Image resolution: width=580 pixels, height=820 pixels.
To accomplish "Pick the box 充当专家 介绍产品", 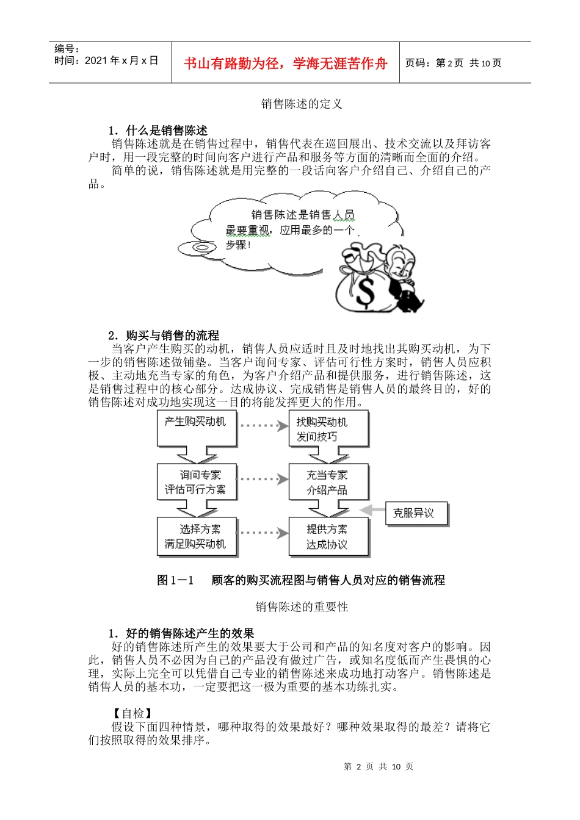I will (328, 482).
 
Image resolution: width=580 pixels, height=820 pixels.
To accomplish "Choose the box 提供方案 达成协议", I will (328, 536).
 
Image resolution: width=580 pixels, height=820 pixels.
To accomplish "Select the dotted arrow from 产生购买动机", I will (263, 425).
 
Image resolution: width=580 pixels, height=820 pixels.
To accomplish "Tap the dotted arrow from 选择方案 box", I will (263, 533).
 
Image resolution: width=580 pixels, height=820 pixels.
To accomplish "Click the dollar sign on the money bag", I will (365, 292).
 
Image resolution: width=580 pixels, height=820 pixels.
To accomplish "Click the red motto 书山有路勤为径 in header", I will (285, 63).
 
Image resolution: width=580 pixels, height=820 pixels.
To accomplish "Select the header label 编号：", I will (67, 49).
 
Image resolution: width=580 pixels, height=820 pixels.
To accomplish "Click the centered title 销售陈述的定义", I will (302, 104).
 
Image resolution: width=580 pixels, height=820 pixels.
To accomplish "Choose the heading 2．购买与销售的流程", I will (164, 336).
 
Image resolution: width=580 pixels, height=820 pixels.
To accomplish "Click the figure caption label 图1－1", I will (175, 580).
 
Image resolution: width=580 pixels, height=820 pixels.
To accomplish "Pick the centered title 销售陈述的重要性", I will (302, 607).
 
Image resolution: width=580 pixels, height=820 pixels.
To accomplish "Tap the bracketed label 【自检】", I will (132, 713).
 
